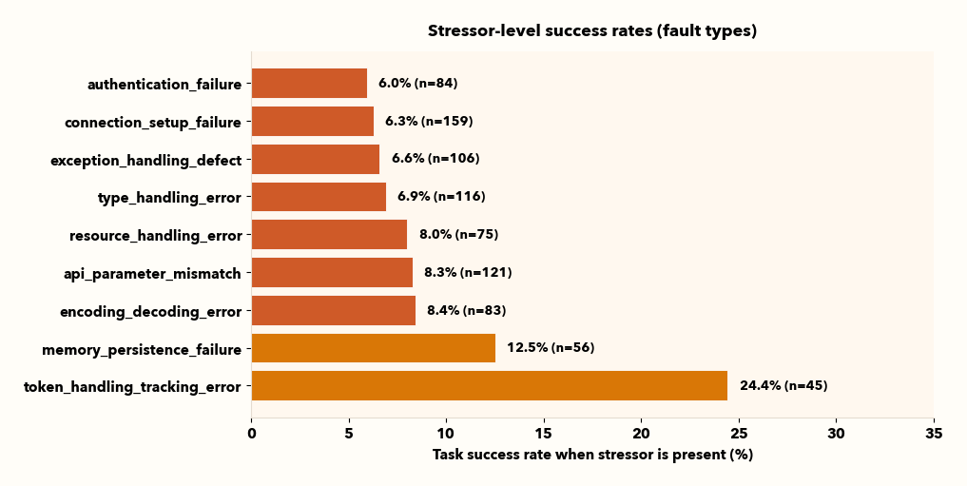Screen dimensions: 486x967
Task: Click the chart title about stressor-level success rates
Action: click(591, 30)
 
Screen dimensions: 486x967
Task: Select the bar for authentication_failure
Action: click(309, 84)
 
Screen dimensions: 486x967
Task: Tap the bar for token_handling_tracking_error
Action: click(489, 386)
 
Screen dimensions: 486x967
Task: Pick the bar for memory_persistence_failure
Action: click(373, 348)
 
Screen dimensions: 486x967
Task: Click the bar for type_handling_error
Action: click(319, 197)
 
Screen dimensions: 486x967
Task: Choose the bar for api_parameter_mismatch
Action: click(332, 273)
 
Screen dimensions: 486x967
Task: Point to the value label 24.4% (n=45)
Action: click(783, 386)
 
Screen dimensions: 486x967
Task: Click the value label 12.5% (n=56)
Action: click(551, 348)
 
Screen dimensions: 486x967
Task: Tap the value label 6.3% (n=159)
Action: click(429, 122)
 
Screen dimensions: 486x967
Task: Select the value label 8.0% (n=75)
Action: click(458, 235)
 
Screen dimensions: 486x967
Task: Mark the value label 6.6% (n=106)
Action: click(435, 159)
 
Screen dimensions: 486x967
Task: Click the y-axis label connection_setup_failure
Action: click(153, 123)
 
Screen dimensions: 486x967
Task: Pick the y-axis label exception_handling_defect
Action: click(146, 161)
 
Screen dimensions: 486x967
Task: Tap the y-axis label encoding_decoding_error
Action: click(150, 312)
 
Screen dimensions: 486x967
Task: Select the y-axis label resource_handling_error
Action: click(156, 236)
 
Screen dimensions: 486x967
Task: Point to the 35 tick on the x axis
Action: click(934, 434)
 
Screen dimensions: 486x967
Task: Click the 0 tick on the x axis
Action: click(252, 434)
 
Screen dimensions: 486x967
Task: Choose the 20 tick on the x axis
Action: click(641, 434)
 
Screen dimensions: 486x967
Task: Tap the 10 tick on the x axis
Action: click(446, 434)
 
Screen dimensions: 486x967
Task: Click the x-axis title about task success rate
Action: click(592, 455)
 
